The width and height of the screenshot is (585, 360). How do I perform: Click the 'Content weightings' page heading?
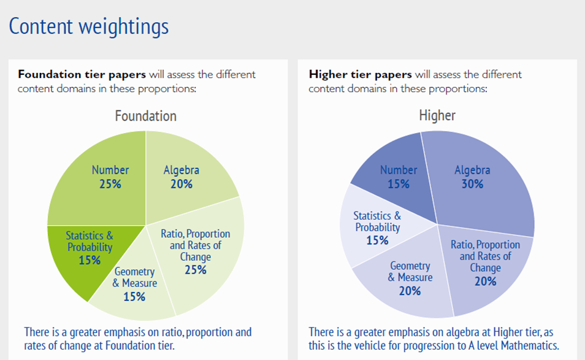[x=89, y=27]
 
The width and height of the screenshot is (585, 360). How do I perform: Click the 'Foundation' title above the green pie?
[x=145, y=116]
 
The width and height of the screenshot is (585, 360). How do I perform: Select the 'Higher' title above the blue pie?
[x=437, y=115]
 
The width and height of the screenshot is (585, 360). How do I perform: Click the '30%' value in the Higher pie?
[x=472, y=183]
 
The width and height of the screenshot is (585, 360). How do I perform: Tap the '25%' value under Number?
[x=110, y=183]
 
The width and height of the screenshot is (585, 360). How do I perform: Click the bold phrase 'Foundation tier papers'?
[x=82, y=75]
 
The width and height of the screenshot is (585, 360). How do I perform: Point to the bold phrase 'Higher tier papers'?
[x=361, y=75]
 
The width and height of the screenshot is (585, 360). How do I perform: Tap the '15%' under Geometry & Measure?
[x=134, y=297]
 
